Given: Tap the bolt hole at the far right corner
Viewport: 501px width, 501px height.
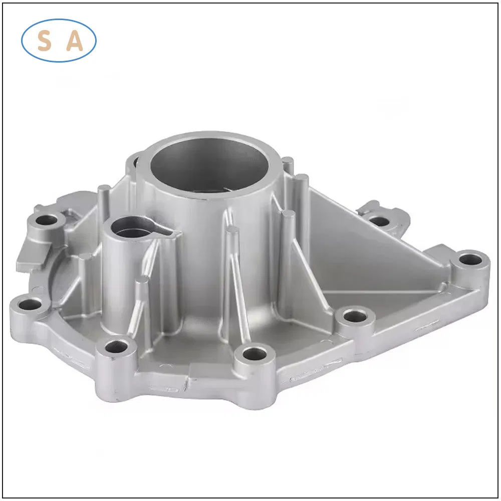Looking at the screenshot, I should (470, 260).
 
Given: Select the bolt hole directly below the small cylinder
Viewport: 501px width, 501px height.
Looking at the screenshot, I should (118, 346).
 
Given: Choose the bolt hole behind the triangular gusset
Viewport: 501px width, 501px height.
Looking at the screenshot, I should (379, 220).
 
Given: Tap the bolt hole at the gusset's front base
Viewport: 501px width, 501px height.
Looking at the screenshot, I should (356, 317).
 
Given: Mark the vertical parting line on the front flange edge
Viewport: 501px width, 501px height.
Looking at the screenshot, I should (188, 383).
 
